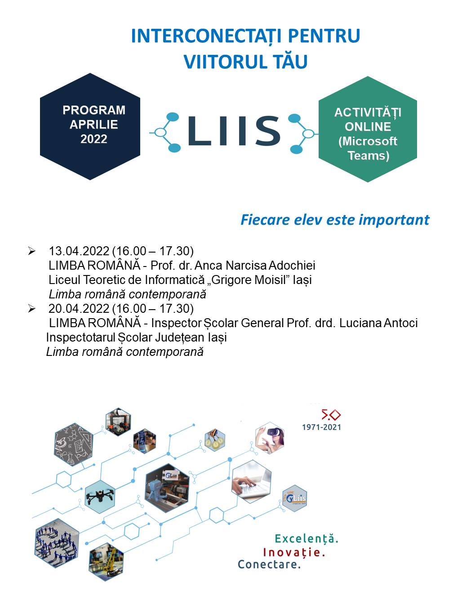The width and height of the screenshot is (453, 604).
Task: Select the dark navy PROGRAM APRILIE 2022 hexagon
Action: [90, 126]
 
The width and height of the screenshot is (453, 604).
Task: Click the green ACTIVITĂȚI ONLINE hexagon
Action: [368, 129]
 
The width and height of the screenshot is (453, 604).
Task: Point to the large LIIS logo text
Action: [234, 131]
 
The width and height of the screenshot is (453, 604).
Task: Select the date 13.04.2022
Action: [79, 251]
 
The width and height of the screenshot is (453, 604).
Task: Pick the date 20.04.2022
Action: [79, 309]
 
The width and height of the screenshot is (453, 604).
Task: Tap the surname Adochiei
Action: [292, 266]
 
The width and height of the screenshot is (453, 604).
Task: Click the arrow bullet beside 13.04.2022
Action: [31, 251]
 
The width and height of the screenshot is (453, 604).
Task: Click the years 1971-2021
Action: [321, 427]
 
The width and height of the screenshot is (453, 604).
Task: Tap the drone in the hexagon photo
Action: [100, 496]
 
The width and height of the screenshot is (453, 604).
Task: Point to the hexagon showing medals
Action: [215, 440]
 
